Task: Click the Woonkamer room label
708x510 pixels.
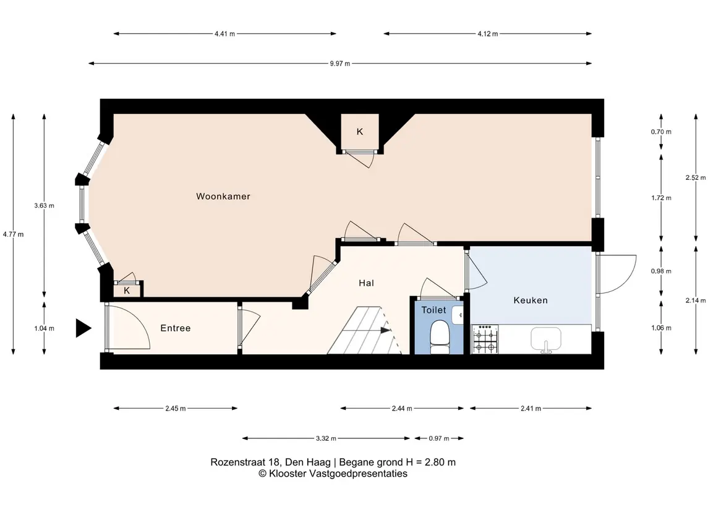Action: coord(223,197)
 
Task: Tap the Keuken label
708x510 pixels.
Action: coord(531,300)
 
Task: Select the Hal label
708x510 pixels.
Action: coord(366,283)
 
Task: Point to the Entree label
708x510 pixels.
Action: coord(175,328)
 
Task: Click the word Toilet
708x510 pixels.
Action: coord(433,310)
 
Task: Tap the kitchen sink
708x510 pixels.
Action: coord(546,340)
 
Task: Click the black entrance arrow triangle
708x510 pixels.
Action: coord(83,328)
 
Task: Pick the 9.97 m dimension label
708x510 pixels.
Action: coord(339,64)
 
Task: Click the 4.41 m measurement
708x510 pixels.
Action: coord(224,33)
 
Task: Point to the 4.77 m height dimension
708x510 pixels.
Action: coord(13,234)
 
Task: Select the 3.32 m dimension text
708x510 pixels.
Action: coord(326,438)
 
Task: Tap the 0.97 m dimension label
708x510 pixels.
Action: coord(439,438)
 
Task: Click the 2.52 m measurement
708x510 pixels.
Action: coord(696,177)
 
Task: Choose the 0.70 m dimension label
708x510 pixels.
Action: coord(661,132)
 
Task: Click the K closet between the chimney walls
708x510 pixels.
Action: coord(360,131)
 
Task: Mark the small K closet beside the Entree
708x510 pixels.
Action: coord(127,290)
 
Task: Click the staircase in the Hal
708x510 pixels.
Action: coord(364,330)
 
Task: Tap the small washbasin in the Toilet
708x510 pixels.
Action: coord(458,315)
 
